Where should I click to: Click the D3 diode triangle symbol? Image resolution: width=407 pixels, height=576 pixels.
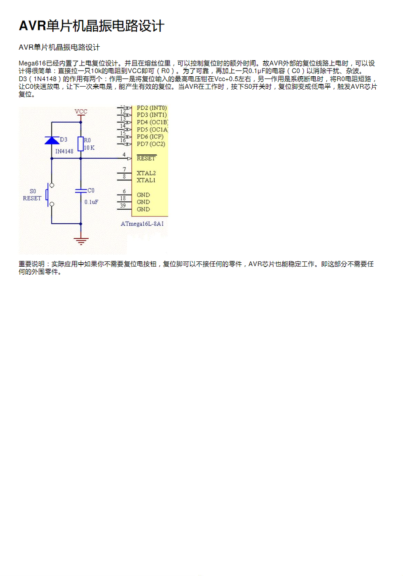52,140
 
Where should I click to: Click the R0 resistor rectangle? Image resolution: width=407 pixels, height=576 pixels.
81,144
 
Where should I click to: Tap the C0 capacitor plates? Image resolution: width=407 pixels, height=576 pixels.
81,191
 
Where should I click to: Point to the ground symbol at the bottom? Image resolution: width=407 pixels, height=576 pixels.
81,240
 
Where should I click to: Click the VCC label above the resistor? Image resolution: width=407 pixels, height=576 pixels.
81,111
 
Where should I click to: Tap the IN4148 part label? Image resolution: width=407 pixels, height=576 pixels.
64,151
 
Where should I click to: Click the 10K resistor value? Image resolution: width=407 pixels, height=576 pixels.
89,148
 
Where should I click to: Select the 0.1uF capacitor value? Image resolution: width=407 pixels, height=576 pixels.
91,202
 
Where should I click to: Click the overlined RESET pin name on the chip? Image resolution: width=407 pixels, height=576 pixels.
146,159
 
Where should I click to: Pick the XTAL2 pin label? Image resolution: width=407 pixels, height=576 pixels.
146,173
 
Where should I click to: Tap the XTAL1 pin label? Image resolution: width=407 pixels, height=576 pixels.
146,180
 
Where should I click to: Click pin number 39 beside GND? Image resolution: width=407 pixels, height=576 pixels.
123,206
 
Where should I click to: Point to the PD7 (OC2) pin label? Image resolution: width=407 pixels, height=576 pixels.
151,144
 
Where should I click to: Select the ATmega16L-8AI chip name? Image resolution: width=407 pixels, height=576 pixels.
142,224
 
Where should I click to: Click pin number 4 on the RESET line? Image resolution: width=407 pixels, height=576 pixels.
124,155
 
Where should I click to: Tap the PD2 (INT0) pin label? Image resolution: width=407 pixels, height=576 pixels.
152,108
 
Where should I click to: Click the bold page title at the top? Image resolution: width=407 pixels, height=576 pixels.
91,26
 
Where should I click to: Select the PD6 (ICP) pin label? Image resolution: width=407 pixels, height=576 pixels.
150,137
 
